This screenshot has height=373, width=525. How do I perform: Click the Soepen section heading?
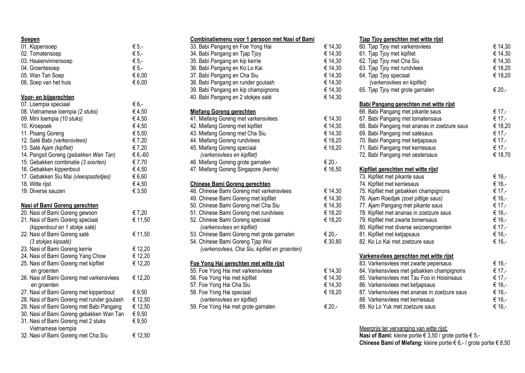[x=30, y=39]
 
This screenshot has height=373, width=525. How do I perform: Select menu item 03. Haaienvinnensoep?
[x=47, y=61]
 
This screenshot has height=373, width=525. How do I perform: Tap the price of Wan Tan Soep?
[x=139, y=75]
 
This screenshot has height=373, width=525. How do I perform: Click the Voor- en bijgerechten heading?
[x=47, y=97]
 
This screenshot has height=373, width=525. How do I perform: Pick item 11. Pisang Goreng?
[x=42, y=133]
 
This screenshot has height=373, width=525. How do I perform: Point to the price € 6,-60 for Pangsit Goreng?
[x=140, y=155]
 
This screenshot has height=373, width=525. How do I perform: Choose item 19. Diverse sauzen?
[x=43, y=191]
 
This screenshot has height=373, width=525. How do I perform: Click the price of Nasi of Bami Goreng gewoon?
[x=139, y=213]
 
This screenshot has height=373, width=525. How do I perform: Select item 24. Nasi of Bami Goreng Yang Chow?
[x=63, y=256]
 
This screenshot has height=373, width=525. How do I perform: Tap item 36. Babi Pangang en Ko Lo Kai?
[x=226, y=68]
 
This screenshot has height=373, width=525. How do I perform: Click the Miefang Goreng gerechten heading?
[x=223, y=112]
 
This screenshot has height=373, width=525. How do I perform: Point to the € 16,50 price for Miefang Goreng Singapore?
[x=333, y=169]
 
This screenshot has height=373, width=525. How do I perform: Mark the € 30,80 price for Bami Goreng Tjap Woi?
[x=333, y=242]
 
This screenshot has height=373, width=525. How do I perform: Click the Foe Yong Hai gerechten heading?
[x=237, y=263]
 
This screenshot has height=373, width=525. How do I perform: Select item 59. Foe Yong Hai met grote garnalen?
[x=233, y=307]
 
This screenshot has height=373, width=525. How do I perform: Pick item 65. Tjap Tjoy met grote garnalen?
[x=397, y=90]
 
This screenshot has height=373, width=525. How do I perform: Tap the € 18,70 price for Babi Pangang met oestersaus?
[x=502, y=155]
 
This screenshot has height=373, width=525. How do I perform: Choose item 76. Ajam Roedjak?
[x=401, y=198]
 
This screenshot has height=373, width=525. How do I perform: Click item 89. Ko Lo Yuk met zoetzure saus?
[x=397, y=307]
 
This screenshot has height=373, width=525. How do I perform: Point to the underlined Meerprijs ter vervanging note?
[x=403, y=328]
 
